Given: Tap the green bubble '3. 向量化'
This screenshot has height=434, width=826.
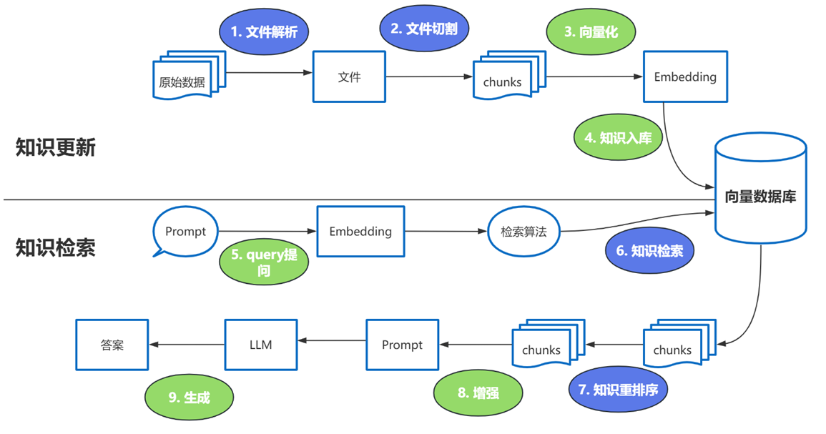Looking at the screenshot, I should coord(590,32).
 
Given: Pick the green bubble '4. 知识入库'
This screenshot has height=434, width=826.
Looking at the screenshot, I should coord(619,138).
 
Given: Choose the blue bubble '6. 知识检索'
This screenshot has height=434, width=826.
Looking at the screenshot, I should coord(649,251).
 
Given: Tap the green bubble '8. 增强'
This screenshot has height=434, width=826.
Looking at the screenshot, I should coord(478,393).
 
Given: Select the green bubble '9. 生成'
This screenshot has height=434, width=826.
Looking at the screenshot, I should coord(189,398).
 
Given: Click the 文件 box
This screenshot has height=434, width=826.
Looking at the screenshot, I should coord(349,77).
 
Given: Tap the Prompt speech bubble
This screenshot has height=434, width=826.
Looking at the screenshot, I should coord(185,232).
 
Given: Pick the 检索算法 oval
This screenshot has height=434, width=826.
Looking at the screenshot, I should coord(523,232).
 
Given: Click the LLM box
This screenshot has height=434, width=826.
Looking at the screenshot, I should coord(261,345).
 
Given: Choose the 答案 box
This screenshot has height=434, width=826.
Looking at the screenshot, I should coord(112,345).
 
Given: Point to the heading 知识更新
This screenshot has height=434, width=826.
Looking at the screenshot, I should coord(56,148).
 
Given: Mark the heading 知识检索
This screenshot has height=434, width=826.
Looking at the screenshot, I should coord(56,247).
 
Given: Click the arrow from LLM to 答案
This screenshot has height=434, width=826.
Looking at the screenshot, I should coord(187,345).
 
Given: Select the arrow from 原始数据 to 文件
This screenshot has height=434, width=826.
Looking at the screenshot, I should coord(270,72).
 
